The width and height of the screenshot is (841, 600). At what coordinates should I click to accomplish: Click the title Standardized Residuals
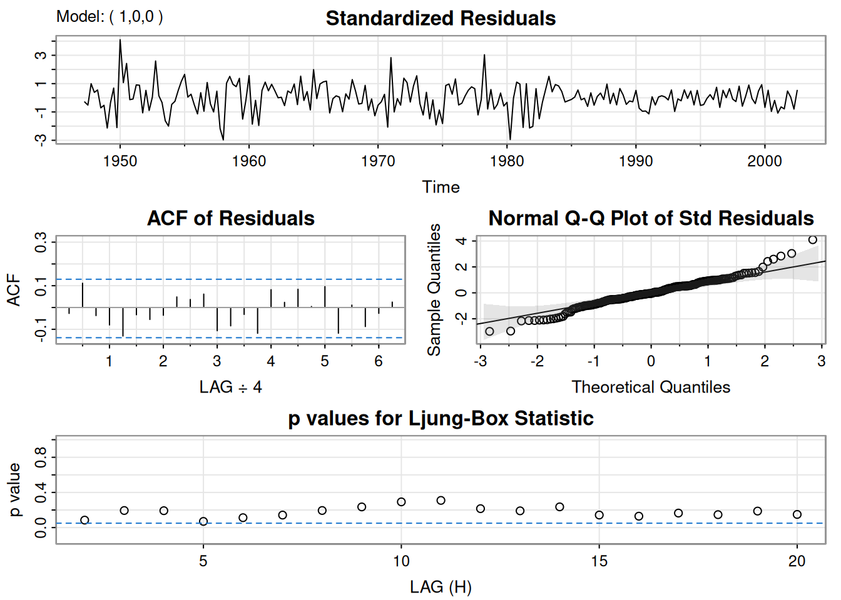[441, 18]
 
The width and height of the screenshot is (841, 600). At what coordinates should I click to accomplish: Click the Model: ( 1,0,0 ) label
[110, 16]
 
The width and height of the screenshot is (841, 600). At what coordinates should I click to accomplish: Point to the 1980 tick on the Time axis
[507, 161]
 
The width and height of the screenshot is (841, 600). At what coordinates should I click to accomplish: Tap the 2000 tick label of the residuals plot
[765, 161]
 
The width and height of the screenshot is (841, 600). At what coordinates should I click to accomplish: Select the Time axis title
[441, 187]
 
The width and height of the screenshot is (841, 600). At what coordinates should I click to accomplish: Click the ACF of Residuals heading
[230, 218]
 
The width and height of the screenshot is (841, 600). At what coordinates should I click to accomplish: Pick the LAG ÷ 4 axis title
[230, 387]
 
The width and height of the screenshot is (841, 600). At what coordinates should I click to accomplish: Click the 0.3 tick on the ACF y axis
[41, 242]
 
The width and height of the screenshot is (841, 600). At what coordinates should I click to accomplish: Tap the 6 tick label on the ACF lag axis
[379, 361]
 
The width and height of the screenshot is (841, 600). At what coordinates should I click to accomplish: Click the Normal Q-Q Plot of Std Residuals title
[651, 218]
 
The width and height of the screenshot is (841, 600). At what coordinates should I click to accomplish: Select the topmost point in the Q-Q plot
[813, 240]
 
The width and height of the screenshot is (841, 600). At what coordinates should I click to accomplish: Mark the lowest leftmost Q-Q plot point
[489, 331]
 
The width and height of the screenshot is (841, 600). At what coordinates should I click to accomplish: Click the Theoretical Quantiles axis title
[651, 387]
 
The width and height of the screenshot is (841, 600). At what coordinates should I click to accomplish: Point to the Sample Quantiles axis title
[434, 289]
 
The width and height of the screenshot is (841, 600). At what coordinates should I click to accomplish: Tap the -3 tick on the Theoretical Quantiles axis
[480, 361]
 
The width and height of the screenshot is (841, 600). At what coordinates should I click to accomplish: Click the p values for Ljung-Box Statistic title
[441, 418]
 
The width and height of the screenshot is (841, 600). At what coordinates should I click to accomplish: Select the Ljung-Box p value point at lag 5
[203, 521]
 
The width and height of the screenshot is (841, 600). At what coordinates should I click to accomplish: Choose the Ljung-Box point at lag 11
[441, 501]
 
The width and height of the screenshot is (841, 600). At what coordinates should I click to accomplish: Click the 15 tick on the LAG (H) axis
[599, 561]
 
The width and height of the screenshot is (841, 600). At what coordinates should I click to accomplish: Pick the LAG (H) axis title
[441, 587]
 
